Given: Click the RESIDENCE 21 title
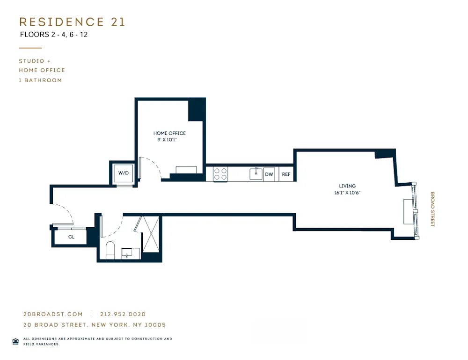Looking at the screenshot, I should pos(72,22).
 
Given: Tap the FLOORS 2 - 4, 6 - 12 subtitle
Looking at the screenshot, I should pos(54,35).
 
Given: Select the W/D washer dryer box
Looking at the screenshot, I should pos(124,173).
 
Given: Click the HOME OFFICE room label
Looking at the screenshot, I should pos(169,133).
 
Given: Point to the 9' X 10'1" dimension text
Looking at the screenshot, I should pos(169,139).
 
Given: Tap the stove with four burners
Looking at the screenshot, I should pos(220,174).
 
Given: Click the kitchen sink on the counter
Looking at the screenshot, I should pos(256,174).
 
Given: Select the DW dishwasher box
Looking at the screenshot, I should pos(269,174).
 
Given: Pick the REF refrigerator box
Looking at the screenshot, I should pos(286,174).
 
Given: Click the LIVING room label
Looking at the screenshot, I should pos(347,186).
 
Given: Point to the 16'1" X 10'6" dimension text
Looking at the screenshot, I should pos(347,193).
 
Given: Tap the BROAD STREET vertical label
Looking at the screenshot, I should pos(433,209).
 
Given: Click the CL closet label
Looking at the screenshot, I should pos(71,237).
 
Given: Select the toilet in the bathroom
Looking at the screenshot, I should pos(111,250).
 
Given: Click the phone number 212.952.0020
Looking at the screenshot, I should pos(123,315).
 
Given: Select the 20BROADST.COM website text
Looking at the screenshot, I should pos(53,315).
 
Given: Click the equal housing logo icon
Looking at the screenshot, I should pos(15,341).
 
